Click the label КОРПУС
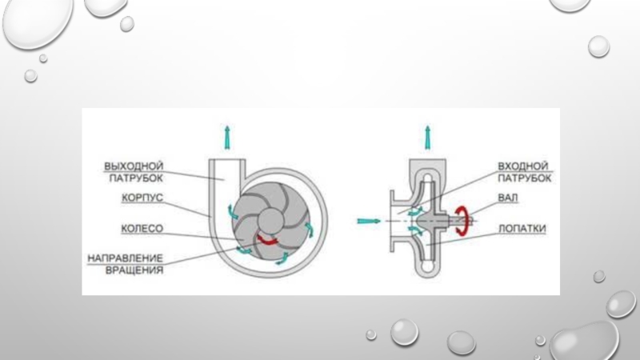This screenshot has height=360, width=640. coord(143,197)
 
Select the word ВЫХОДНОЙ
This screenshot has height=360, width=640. coord(134,166)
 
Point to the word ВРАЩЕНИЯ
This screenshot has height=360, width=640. coord(134,270)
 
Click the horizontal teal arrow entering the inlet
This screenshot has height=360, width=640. coord(368,218)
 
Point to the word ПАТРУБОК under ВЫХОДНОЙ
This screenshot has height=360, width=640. coord(135,178)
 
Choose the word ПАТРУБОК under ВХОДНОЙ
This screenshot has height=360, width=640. coord(524,178)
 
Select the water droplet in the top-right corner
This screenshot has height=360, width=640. coord(570,6)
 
